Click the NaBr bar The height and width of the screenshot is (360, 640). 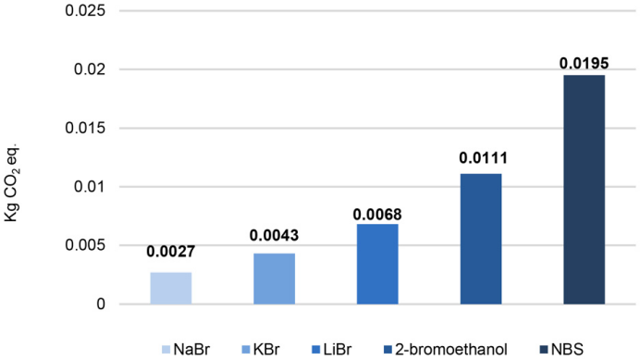[x=170, y=288]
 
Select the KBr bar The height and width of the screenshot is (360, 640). [x=275, y=279]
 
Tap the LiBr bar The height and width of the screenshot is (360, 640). [x=377, y=264]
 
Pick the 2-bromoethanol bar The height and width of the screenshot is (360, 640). [x=481, y=239]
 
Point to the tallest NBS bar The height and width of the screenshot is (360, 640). [x=585, y=190]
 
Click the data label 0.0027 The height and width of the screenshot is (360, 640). [x=170, y=252]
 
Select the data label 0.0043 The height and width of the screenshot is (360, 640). [x=275, y=235]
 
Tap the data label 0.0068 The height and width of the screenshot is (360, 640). [x=377, y=215]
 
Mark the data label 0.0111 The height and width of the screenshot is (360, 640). [x=484, y=158]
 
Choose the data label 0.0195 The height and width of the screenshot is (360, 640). [x=585, y=63]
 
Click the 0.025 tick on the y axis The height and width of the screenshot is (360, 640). [x=85, y=10]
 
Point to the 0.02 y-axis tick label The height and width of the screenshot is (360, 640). [x=90, y=69]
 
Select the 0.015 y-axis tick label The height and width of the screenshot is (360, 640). [x=85, y=129]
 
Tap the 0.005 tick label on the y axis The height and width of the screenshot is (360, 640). [x=85, y=245]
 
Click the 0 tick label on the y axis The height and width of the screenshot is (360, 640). [x=101, y=304]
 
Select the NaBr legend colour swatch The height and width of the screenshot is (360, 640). [x=166, y=350]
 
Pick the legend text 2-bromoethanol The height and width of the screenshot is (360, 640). [x=451, y=350]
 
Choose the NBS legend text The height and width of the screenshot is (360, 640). [x=567, y=350]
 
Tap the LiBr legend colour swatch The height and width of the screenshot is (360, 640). [x=315, y=350]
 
